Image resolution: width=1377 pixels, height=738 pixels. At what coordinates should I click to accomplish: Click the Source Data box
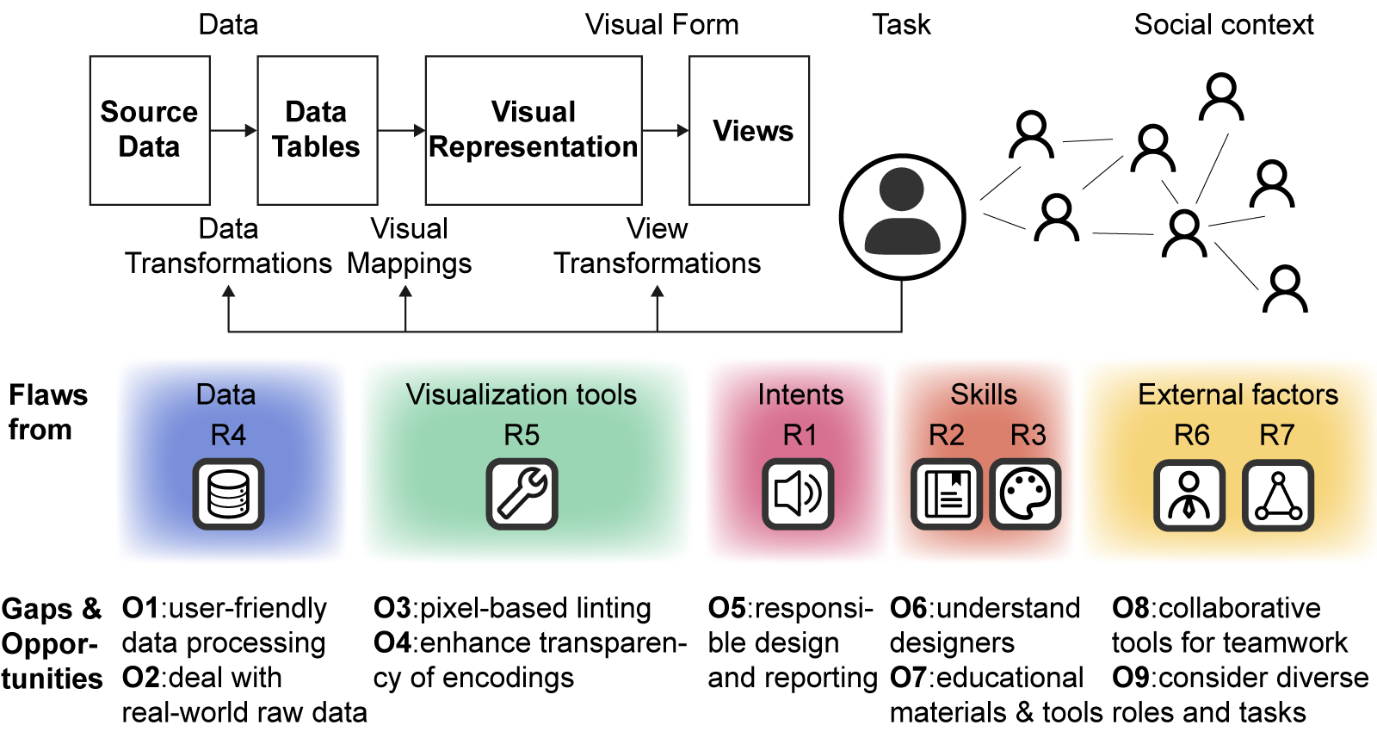[150, 130]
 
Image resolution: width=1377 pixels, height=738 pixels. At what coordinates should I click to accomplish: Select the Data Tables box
[317, 130]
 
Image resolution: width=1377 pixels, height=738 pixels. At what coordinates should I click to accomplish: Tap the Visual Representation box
[534, 130]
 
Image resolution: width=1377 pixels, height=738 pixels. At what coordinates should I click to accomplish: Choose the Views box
[749, 130]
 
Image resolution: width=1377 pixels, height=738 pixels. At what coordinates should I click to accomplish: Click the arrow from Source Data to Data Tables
[233, 131]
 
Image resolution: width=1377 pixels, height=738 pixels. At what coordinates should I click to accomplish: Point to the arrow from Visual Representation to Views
[665, 131]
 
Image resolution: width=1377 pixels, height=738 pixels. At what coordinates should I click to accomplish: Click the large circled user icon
[902, 217]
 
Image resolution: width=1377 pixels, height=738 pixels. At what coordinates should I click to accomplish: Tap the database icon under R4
[228, 494]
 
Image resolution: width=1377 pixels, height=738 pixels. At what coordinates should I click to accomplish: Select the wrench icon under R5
[522, 494]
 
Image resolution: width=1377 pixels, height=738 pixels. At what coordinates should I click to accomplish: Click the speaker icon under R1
[798, 494]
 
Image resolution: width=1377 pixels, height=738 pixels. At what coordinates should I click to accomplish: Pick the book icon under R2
[947, 494]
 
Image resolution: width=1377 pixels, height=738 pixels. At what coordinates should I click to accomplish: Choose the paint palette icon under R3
[1025, 494]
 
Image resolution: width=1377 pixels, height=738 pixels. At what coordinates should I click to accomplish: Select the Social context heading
[1223, 25]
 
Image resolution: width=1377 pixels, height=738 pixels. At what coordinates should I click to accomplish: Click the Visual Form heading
[661, 25]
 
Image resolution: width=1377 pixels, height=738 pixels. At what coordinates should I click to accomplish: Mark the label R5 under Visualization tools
[522, 435]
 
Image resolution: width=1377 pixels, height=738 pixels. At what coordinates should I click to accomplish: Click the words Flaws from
[47, 412]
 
